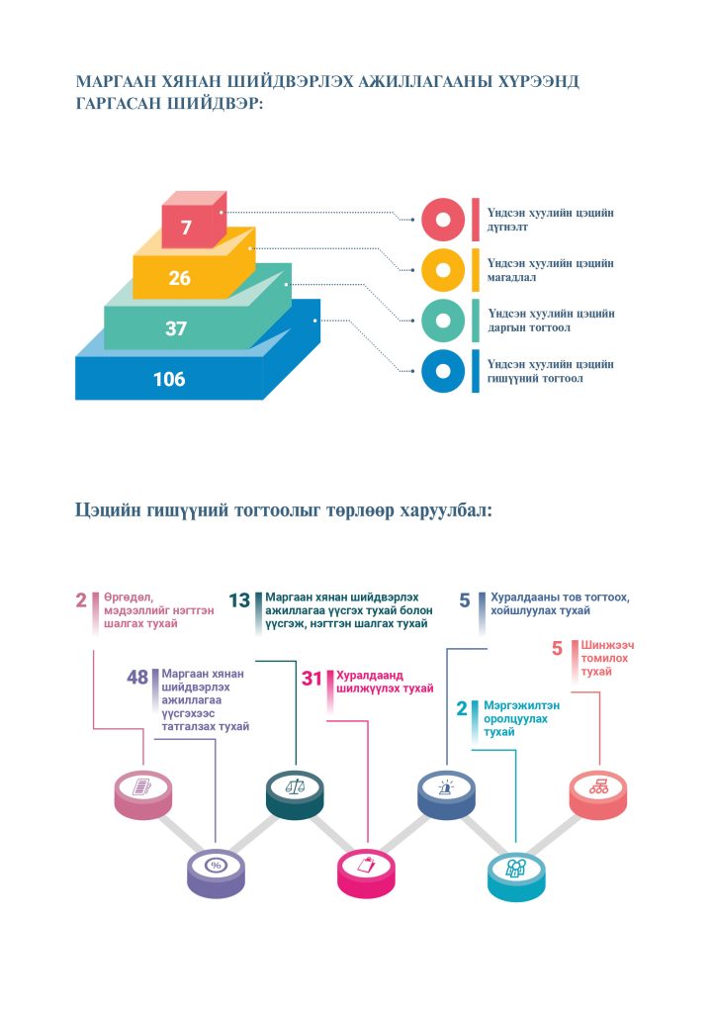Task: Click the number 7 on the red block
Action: point(186,228)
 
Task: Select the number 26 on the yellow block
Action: point(180,278)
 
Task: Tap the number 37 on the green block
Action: point(176,328)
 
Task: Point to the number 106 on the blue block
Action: point(169,379)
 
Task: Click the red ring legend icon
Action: point(443,220)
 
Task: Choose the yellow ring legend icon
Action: point(443,270)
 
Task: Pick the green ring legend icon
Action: point(443,321)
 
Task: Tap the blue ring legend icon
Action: point(443,371)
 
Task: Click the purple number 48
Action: point(137,677)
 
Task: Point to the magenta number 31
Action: point(312,679)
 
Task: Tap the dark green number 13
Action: point(239,600)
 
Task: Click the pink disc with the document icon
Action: point(142,793)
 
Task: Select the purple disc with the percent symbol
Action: point(216,873)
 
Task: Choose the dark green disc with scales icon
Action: point(295,793)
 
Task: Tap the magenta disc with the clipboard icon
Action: point(366,873)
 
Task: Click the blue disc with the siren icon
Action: point(446,793)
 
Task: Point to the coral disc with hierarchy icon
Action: point(598,793)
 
